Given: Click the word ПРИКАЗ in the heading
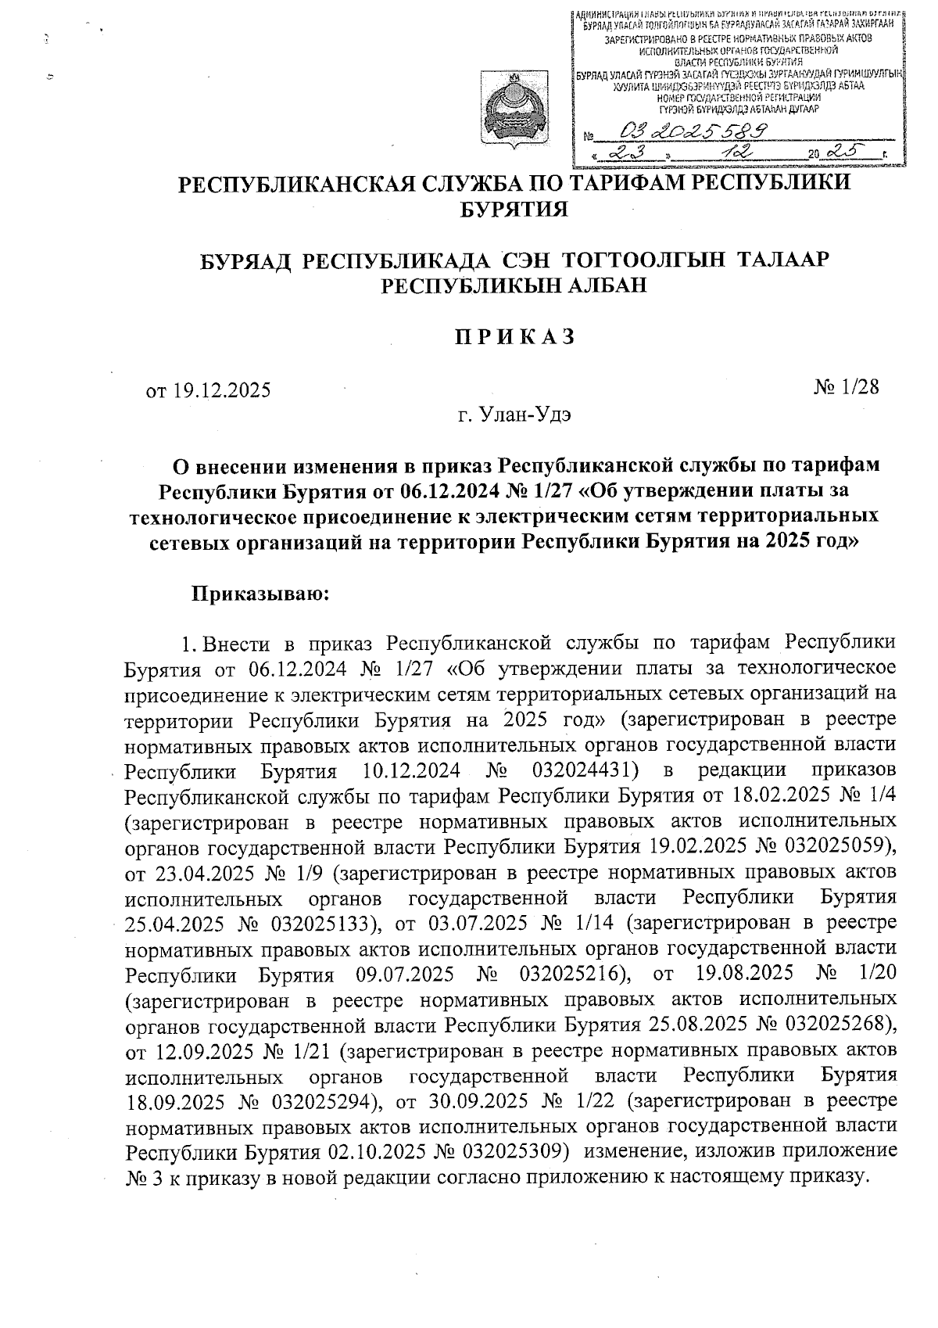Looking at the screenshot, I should tap(515, 336).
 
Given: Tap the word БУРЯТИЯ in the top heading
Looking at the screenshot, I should tap(515, 210).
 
